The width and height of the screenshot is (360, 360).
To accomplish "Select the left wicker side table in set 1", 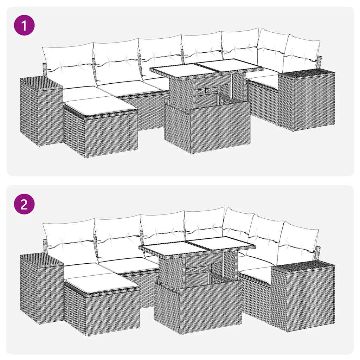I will pos(40,112).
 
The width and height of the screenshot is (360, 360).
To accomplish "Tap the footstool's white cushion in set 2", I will pos(102,282).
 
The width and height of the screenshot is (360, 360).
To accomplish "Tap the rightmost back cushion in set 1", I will pos(302,54).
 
